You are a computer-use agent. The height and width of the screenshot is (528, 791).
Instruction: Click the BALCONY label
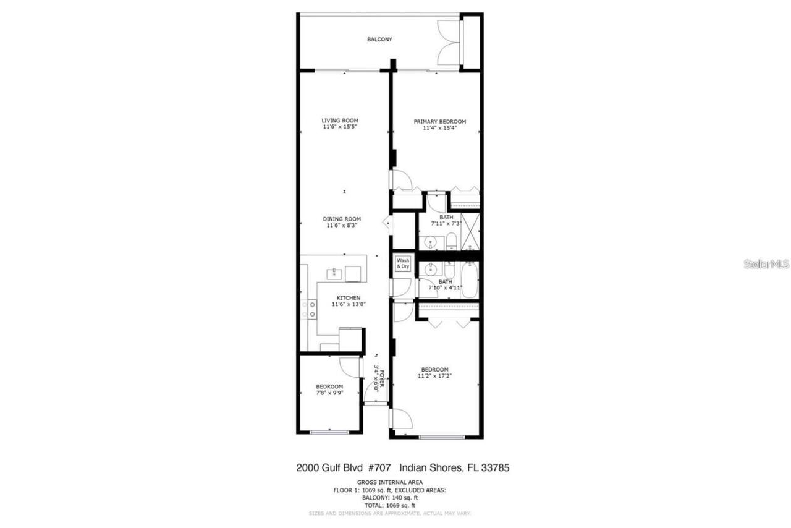coord(379,40)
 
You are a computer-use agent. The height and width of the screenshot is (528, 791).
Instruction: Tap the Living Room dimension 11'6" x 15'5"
coord(340,127)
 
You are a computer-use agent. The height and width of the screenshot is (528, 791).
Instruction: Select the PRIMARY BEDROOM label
coord(440,121)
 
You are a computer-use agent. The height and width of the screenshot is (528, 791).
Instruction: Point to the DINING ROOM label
coord(342,219)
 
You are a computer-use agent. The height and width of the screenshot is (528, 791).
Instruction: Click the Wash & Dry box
coord(403,263)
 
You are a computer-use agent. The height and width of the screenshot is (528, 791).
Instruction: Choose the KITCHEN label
coord(349,298)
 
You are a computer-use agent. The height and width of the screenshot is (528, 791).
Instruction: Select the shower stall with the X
coord(470,231)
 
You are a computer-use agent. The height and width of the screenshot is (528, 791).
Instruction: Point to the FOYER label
coord(383,379)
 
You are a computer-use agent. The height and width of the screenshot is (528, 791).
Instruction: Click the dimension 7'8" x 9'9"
coord(329,393)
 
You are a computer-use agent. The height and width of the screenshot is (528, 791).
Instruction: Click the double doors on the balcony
coord(449,42)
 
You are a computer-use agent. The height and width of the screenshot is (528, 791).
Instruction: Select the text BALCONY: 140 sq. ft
coord(390,497)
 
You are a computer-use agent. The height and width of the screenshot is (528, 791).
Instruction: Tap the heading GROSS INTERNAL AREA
coord(390,482)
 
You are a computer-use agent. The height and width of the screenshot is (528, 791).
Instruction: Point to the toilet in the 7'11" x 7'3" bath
coord(451,241)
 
